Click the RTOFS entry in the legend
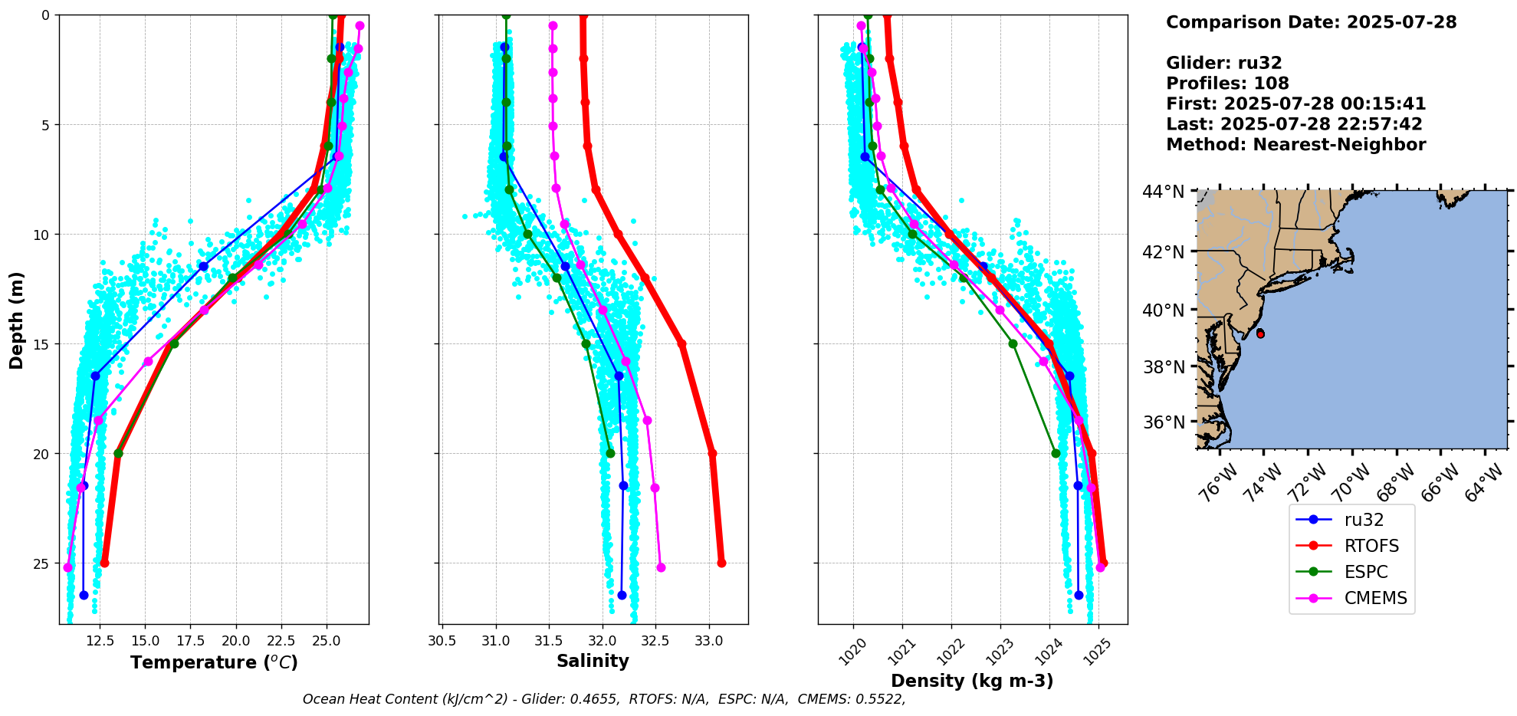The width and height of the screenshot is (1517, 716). click(1371, 546)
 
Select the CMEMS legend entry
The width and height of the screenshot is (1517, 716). click(1375, 598)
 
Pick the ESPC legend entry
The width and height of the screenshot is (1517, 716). click(1365, 572)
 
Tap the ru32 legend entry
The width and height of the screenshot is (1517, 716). click(1364, 520)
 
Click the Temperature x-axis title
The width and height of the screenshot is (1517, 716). click(214, 662)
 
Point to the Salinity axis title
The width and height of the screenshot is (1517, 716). click(593, 661)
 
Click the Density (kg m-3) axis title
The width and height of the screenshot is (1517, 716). click(972, 681)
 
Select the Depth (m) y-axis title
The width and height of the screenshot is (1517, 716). click(17, 320)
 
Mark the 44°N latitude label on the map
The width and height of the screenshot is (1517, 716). click(1163, 192)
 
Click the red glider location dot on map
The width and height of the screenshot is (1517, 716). click(1260, 334)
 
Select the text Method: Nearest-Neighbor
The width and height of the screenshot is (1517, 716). click(1295, 145)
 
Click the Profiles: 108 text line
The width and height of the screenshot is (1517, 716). click(1227, 84)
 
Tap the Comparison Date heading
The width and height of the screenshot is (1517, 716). click(1311, 22)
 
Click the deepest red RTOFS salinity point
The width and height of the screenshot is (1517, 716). click(721, 563)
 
